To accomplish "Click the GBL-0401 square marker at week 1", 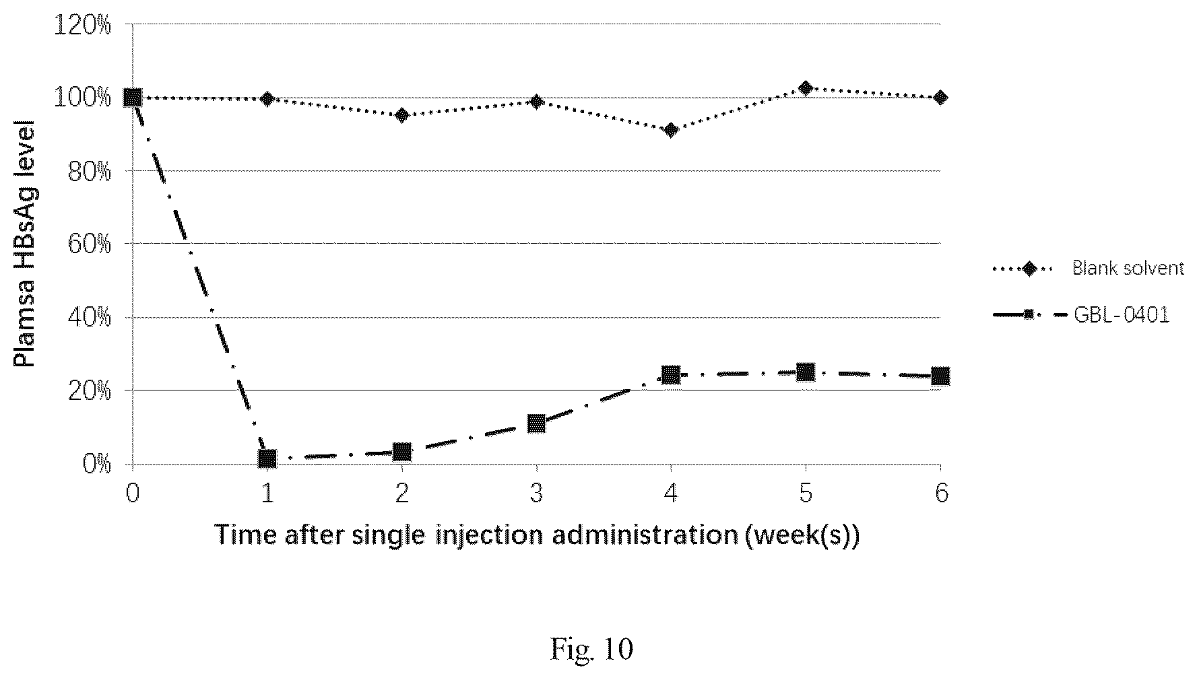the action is pos(267,459).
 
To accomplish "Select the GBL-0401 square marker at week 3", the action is pos(536,423).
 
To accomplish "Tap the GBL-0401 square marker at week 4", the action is pos(671,375).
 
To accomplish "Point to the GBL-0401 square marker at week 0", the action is pos(133,98).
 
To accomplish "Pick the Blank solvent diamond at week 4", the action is pos(671,130).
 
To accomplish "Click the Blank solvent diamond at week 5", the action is pos(806,88).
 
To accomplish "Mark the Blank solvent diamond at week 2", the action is pos(402,115).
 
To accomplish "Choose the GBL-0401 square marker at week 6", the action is pos(940,376).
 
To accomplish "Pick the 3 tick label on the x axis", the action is pos(536,494).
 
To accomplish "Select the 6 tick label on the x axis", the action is pos(941,494).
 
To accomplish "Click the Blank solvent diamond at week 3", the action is pos(536,102).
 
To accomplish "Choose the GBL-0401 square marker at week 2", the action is pos(402,452).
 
